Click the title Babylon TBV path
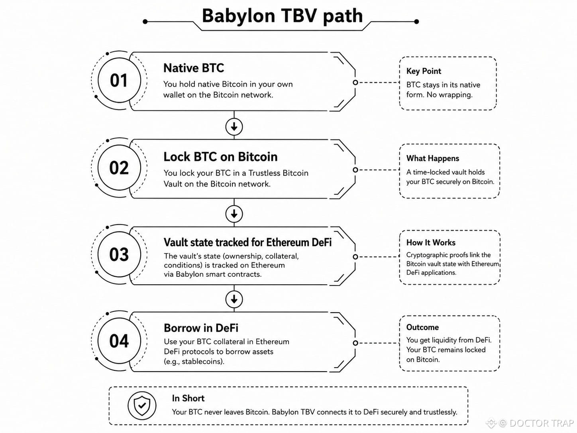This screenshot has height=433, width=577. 282,16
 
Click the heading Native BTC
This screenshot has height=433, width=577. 194,68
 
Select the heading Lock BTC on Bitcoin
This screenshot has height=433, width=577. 220,157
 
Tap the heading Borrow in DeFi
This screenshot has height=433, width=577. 201,328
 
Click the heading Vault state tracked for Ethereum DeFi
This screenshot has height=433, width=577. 247,242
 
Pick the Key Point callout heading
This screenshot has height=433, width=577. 424,71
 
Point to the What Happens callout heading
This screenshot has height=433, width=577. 433,158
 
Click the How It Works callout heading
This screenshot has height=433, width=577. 431,242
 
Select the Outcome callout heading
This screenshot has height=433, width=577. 422,327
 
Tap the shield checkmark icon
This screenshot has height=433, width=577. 142,405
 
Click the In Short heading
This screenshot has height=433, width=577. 188,398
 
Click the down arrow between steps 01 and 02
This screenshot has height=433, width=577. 234,127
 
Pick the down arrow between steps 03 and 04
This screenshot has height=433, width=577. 234,299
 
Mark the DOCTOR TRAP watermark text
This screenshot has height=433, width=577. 542,423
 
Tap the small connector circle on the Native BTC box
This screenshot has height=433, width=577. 355,83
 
